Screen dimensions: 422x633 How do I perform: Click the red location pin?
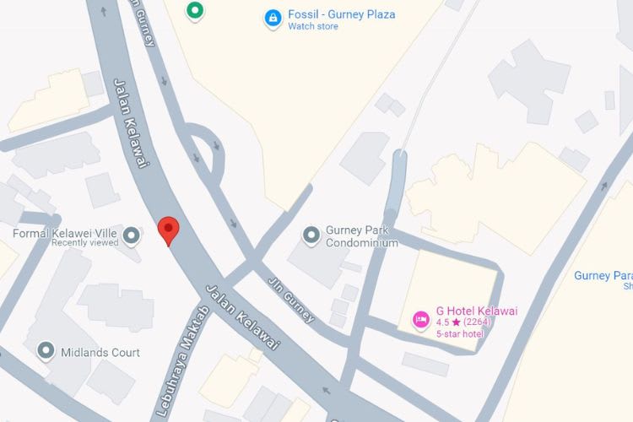[x=169, y=229]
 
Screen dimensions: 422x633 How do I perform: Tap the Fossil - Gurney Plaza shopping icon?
[x=273, y=18]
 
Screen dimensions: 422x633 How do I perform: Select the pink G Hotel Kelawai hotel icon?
[x=419, y=320]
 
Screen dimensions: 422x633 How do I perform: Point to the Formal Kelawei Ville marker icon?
[x=131, y=234]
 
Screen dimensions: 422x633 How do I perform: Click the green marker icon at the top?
[x=196, y=10]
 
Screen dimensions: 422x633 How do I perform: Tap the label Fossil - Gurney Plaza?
[x=341, y=14]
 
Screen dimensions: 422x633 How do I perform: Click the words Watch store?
[x=313, y=27]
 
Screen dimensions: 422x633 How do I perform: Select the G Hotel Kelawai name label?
[x=476, y=311]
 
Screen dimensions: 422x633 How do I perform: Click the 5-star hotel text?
[x=459, y=334]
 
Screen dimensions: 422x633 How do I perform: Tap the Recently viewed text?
[x=84, y=243]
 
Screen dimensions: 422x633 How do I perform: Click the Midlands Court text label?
[x=100, y=352]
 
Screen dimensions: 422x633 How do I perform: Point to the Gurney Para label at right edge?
[x=603, y=276]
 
